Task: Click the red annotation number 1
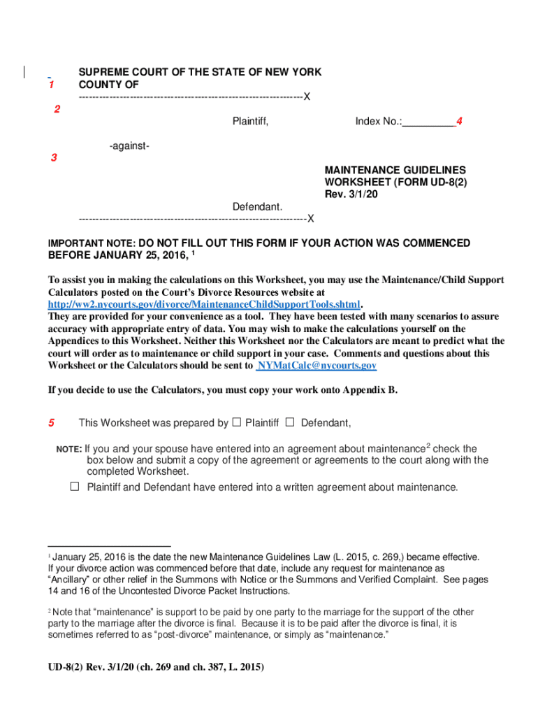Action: pos(51,85)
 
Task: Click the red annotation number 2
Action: pos(57,109)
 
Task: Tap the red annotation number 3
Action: pos(54,157)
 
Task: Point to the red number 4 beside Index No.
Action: pos(459,122)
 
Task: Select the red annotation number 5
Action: pos(51,423)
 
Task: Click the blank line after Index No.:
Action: pos(428,122)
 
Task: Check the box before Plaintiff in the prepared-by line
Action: pos(236,422)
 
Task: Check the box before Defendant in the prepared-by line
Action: pos(290,422)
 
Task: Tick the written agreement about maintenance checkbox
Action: pos(75,487)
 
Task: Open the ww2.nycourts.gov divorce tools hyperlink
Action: pos(204,304)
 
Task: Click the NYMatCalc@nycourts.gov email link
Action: pos(317,366)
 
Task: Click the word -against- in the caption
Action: pos(129,145)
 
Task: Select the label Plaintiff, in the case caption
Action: pos(250,122)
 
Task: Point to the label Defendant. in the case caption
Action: pos(257,207)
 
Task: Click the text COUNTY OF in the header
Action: pos(108,85)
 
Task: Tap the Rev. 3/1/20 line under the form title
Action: pos(351,194)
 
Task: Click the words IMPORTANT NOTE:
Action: pos(92,243)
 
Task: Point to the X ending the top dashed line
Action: pos(307,96)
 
